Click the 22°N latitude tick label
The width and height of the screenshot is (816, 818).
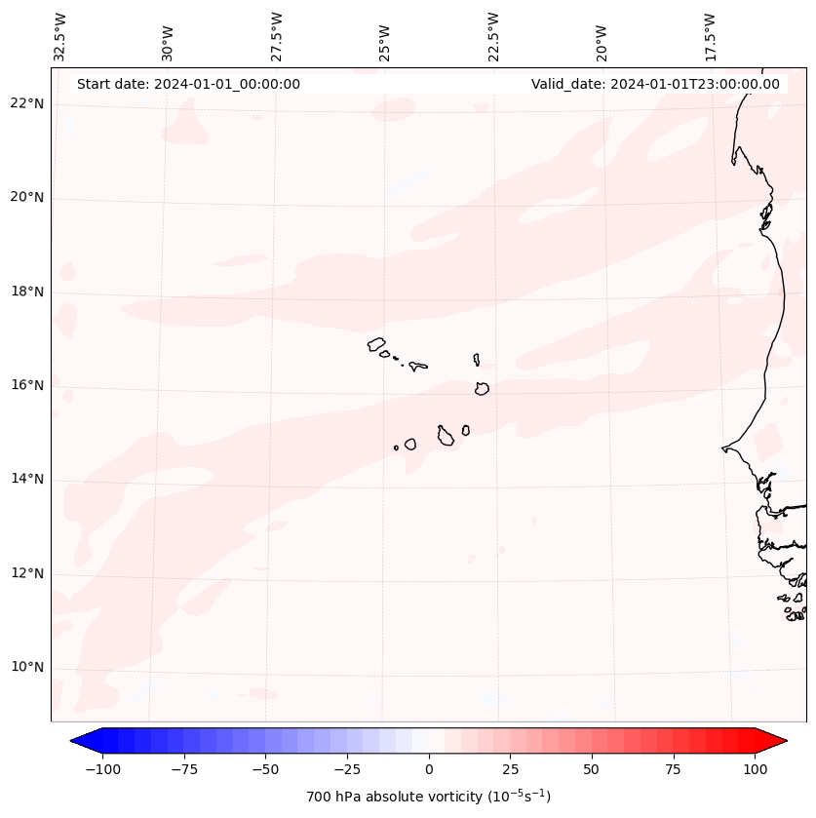point(27,103)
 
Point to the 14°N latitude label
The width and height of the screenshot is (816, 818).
point(27,479)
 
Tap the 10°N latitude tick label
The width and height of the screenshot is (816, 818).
point(27,667)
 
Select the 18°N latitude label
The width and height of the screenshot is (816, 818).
point(27,292)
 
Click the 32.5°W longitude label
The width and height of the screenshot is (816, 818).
point(60,36)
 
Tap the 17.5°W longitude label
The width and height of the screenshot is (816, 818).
point(710,36)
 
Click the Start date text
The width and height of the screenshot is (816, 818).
point(188,84)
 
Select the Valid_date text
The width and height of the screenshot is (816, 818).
point(655,84)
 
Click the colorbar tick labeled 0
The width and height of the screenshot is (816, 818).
point(429,769)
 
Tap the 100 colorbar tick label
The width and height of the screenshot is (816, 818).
point(755,769)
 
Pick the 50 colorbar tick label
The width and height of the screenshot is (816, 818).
point(592,769)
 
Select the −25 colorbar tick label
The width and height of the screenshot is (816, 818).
point(347,769)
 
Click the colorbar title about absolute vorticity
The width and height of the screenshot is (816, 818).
point(429,797)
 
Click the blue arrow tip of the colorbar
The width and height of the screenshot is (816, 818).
point(74,741)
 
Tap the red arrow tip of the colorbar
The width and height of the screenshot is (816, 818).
point(784,741)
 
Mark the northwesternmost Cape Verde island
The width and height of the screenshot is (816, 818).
point(376,344)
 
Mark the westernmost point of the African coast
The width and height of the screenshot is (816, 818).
point(723,448)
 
